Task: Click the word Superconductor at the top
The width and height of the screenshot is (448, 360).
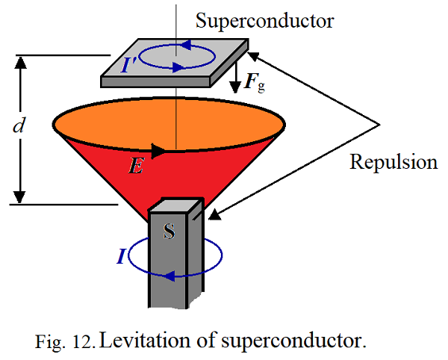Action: tap(265, 21)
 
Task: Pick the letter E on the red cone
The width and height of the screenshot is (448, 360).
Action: tap(136, 167)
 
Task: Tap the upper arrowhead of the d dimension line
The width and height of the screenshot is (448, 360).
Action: tap(21, 63)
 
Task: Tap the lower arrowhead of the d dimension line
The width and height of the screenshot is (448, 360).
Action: tap(21, 195)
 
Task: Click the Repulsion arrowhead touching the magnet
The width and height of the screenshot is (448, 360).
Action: tap(214, 217)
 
